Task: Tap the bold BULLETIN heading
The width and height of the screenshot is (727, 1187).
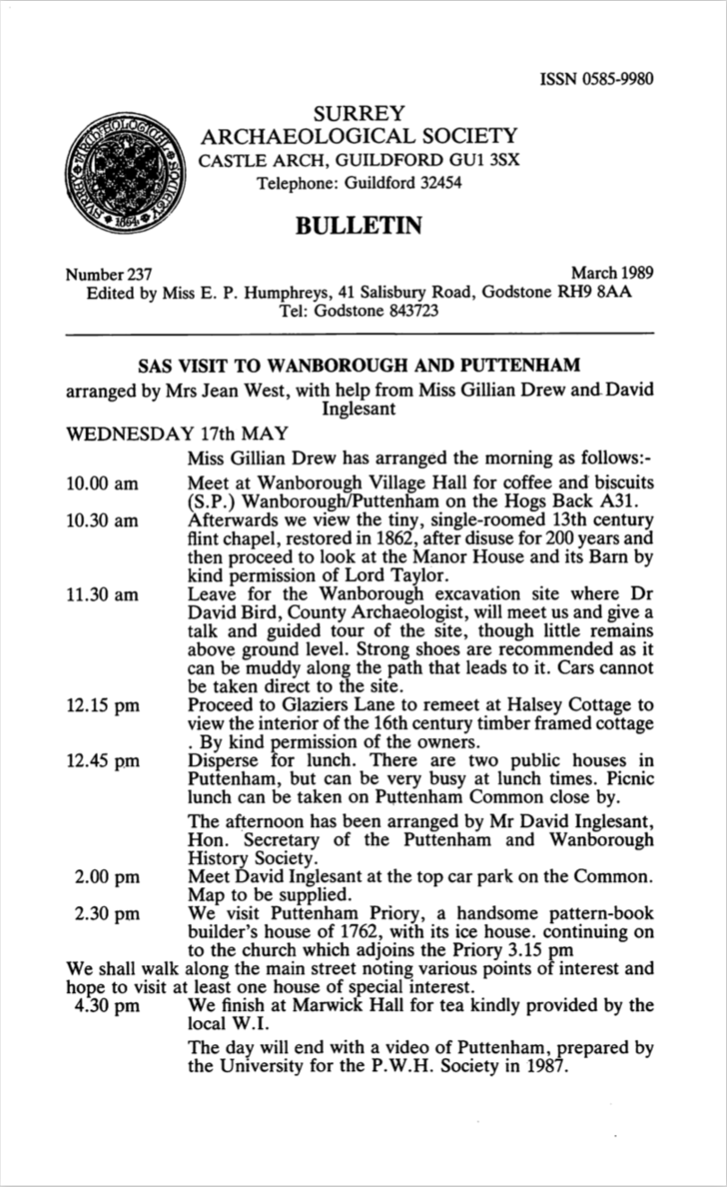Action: click(x=359, y=225)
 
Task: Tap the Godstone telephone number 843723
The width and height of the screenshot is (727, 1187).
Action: click(x=407, y=312)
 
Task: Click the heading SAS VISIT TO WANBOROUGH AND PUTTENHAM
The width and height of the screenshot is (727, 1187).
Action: click(x=359, y=366)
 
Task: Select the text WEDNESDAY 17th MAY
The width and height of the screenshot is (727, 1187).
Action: click(x=177, y=434)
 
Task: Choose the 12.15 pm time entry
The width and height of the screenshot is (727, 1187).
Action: click(x=102, y=706)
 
